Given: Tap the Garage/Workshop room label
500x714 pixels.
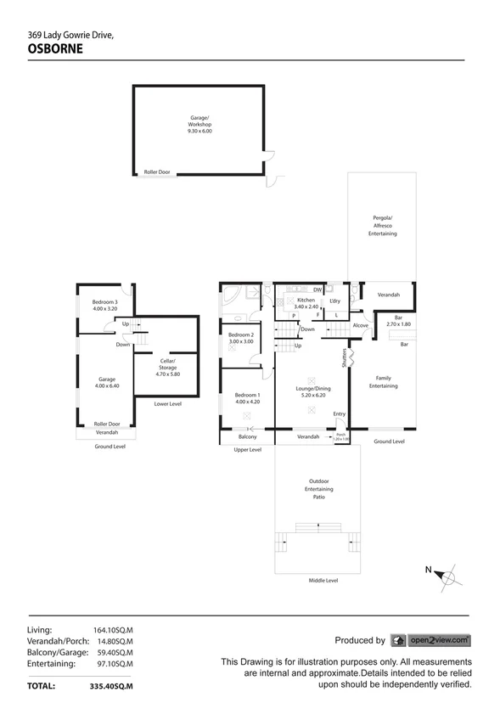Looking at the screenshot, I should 200,125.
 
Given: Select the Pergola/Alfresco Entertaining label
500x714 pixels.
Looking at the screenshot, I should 382,225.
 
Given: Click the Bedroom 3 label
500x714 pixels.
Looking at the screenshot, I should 105,306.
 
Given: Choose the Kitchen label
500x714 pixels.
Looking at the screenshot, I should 305,303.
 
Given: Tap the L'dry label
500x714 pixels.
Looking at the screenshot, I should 335,301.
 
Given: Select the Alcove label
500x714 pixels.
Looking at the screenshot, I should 361,325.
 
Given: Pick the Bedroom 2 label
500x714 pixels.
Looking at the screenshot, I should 241,338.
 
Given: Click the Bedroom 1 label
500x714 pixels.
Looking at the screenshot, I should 248,398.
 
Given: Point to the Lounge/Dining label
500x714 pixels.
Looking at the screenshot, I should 312,391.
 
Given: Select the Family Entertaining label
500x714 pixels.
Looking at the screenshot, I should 383,382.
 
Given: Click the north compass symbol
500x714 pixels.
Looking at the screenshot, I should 447,577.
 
